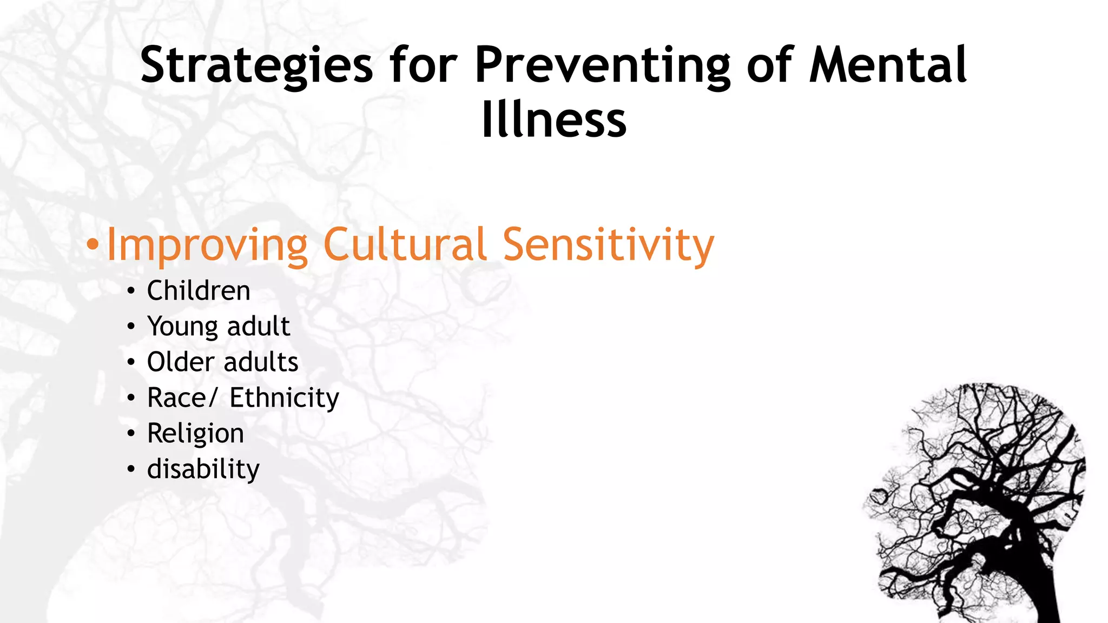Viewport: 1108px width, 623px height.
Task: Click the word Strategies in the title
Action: [256, 66]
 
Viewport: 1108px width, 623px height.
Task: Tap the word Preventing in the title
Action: [603, 66]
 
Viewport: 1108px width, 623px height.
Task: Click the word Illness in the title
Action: [554, 120]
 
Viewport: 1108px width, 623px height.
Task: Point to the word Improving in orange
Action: [208, 246]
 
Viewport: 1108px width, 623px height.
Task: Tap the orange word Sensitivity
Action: [608, 246]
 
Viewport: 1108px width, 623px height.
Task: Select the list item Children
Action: [199, 291]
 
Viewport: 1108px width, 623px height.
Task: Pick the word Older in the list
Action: [181, 362]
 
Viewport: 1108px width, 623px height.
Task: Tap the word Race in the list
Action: [176, 398]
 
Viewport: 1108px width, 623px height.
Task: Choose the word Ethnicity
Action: [284, 398]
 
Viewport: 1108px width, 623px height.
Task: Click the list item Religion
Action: [195, 434]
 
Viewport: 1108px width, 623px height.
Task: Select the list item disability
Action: [203, 469]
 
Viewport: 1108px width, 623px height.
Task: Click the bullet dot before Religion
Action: [131, 434]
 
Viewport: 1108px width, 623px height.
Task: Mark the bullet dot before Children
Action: [131, 291]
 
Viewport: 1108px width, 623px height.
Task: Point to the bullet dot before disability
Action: [131, 469]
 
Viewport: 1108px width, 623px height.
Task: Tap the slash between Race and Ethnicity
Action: [212, 398]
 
